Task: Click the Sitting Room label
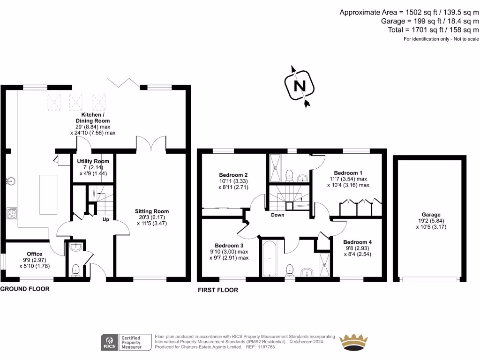click(152, 211)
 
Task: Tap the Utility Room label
click(93, 161)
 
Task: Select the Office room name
click(35, 254)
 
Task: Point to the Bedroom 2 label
click(233, 175)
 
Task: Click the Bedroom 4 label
click(358, 242)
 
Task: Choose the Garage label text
click(431, 215)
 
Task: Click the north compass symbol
click(300, 86)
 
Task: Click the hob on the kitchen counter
click(12, 213)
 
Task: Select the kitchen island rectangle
click(48, 195)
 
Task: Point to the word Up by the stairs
click(106, 219)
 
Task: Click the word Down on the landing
click(277, 215)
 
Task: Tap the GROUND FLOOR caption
click(25, 289)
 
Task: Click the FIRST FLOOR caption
click(218, 290)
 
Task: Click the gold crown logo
click(354, 342)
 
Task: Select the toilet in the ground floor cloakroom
click(75, 270)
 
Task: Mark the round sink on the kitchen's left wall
click(11, 181)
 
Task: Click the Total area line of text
click(433, 30)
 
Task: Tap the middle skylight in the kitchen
click(75, 102)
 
